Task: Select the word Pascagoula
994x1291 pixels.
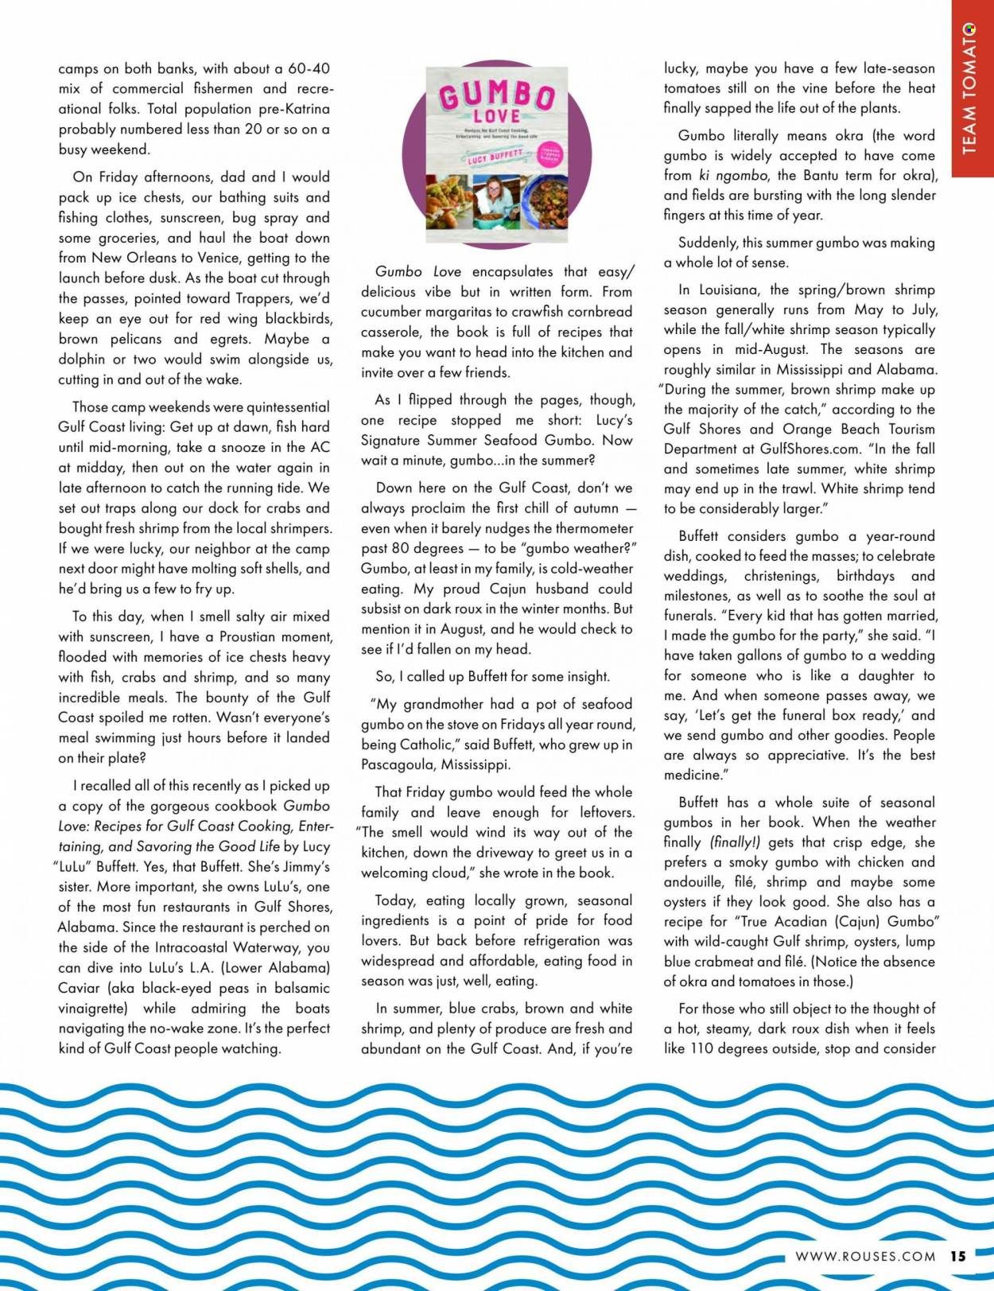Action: click(402, 765)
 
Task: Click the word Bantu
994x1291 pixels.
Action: click(823, 175)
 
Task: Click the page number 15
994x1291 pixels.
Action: click(957, 1256)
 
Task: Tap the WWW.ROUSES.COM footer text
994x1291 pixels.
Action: click(864, 1257)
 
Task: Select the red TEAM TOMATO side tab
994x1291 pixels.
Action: click(972, 87)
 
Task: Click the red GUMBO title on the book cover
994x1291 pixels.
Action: click(496, 95)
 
